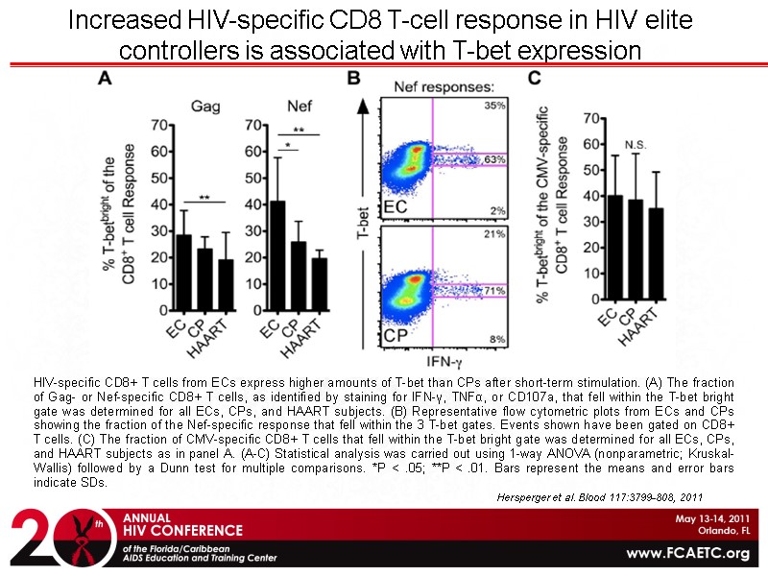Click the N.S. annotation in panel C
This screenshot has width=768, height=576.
coord(634,145)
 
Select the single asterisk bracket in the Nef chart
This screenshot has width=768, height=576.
coord(288,148)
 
